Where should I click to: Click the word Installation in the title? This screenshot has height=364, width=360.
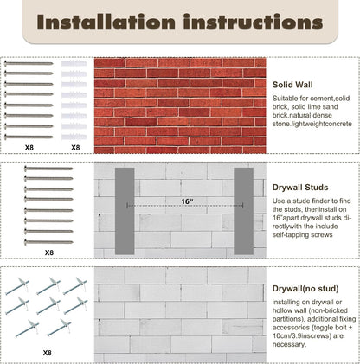tap(106, 22)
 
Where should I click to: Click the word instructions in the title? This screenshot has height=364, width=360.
tap(253, 22)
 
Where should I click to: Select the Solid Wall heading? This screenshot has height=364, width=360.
tap(292, 85)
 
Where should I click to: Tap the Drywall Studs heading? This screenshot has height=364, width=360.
tap(300, 188)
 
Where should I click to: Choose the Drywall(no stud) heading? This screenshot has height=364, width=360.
tap(305, 289)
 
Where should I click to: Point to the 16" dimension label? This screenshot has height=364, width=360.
tap(187, 201)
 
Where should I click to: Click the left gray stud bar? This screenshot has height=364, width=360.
tap(125, 211)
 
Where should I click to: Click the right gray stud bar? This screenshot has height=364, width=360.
tap(244, 211)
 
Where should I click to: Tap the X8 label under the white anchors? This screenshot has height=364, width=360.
tap(75, 148)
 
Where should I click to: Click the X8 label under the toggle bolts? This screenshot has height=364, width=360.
tap(48, 353)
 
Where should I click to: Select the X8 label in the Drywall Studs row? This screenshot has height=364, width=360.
tap(49, 252)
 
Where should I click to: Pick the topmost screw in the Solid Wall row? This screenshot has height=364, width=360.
tap(29, 63)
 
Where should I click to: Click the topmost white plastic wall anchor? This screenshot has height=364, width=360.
tap(74, 63)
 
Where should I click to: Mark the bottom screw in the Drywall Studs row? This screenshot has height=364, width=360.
tap(48, 242)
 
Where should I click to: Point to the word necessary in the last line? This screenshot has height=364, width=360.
tap(289, 344)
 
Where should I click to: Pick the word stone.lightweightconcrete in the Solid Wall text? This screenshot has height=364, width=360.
tap(312, 124)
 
